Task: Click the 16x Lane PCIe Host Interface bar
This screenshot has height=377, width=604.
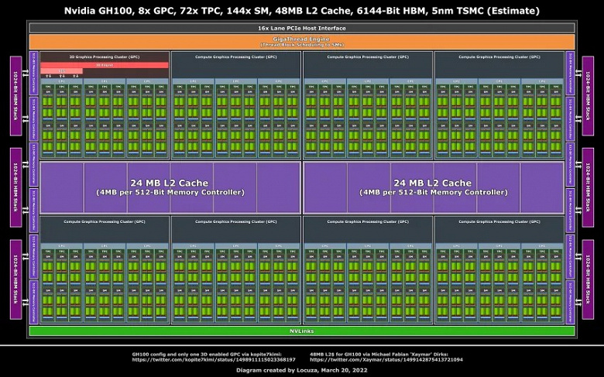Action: coord(302,28)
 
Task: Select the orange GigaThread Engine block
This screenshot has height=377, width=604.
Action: coord(302,42)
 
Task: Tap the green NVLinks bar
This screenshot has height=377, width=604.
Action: coord(302,331)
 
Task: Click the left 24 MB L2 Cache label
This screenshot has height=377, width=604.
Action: coord(170,183)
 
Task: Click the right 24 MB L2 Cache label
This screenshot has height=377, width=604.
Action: coord(434,183)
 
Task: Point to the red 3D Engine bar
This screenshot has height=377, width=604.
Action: coord(105,65)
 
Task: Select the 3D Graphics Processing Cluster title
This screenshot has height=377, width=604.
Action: coord(105,57)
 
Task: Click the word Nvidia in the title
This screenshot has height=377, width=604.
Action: coord(83,11)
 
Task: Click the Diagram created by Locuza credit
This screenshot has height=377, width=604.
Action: coord(302,370)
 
